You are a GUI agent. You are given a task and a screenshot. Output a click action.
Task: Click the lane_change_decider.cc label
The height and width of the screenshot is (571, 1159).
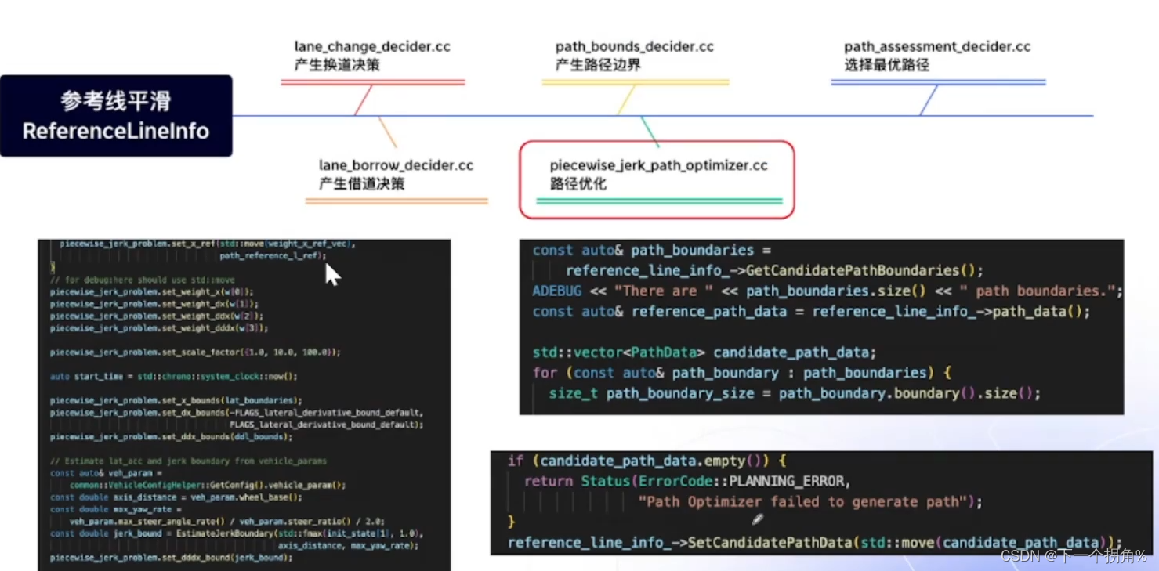(x=372, y=47)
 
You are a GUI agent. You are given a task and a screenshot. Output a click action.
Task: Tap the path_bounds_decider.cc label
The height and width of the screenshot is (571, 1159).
(x=634, y=47)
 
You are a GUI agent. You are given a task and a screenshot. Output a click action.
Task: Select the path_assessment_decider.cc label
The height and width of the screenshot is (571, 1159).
(x=937, y=47)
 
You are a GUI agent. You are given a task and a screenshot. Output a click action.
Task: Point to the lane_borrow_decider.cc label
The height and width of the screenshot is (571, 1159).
(x=396, y=166)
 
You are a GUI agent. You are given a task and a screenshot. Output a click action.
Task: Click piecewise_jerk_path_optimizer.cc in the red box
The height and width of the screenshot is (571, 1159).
(x=658, y=166)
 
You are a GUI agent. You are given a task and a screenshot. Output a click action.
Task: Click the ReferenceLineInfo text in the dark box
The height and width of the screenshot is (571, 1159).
(x=116, y=131)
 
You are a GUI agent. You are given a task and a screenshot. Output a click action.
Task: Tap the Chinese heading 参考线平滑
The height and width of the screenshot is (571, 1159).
(x=116, y=101)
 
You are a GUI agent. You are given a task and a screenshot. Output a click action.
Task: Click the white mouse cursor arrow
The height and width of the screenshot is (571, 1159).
(x=332, y=274)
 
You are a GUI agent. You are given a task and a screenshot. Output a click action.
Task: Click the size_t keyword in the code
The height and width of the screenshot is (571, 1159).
(x=573, y=393)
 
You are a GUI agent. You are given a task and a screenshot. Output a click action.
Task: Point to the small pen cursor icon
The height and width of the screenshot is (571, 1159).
(x=757, y=519)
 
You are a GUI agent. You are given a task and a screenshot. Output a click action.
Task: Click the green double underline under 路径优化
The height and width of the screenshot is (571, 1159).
(x=659, y=201)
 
